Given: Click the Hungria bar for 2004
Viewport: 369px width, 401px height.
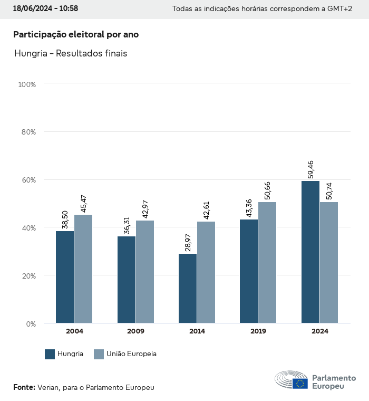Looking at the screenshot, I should [65, 277].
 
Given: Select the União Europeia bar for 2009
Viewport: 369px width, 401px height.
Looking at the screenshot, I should [145, 272].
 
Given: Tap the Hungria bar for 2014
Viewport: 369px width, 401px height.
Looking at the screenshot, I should [188, 289].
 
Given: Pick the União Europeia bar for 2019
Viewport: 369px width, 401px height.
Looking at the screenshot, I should [267, 262].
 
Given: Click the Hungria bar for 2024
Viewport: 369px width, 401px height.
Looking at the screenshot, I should [310, 252].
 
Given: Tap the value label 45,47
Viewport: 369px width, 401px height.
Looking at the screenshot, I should [83, 204].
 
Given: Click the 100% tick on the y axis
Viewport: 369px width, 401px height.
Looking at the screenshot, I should [26, 84].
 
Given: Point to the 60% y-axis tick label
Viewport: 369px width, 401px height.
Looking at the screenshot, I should [28, 180].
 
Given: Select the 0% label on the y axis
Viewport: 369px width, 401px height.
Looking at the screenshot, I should [31, 323].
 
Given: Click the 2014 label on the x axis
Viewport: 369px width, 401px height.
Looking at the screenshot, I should [197, 331].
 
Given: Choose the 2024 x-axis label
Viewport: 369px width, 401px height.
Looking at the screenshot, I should [319, 331].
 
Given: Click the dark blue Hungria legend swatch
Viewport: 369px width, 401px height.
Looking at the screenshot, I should [50, 354].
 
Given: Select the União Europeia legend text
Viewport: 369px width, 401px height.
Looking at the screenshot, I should [132, 354].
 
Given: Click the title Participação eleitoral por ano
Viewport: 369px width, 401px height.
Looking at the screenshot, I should [76, 34].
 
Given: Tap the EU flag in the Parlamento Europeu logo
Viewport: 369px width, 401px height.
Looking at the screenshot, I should [300, 384].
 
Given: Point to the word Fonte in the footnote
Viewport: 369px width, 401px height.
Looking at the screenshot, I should [24, 387].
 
